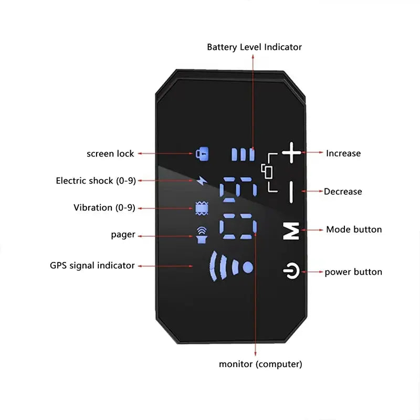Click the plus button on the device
tap(292, 154)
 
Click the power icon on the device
tap(291, 272)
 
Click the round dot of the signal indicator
tap(248, 267)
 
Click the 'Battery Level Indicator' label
tap(254, 47)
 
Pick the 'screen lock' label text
tap(110, 154)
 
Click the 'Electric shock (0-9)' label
tap(96, 181)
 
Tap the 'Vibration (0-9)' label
tap(104, 208)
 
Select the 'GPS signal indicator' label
tap(92, 266)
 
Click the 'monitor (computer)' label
tap(260, 364)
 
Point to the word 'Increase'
tap(343, 153)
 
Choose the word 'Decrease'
tap(343, 192)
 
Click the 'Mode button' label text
tap(354, 229)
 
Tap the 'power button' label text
tap(353, 272)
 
